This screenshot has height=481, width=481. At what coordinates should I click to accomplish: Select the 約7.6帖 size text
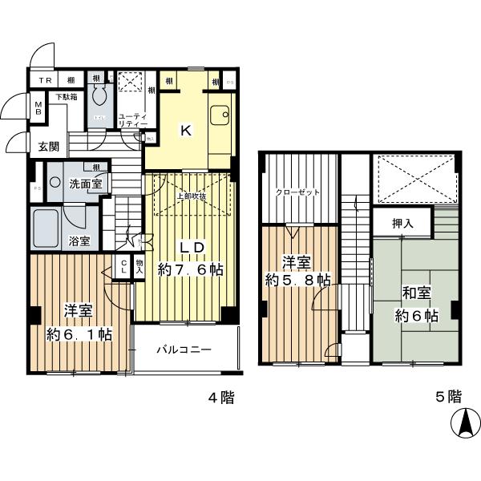click(190, 270)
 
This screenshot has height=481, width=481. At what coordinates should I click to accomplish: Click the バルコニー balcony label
click(183, 350)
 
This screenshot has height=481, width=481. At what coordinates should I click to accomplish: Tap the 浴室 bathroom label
click(79, 240)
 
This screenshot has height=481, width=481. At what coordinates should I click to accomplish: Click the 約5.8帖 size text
click(297, 280)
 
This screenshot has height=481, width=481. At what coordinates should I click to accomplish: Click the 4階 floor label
click(220, 397)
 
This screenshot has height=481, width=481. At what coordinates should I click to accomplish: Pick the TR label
click(45, 81)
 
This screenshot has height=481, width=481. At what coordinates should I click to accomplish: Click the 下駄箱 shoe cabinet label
click(66, 96)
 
